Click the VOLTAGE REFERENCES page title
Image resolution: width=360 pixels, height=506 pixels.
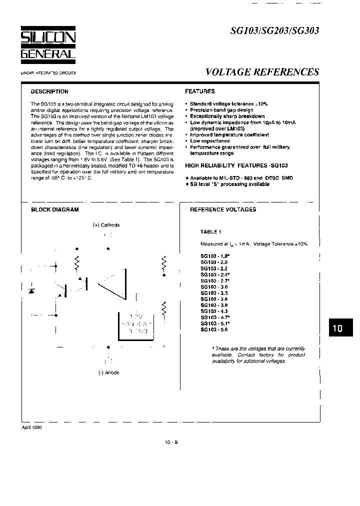pos(262,72)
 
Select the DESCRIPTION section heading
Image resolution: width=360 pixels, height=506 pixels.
pos(49,92)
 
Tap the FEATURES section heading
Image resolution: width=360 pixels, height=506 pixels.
pos(200,91)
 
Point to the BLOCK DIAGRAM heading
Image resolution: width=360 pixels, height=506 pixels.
pos(55,210)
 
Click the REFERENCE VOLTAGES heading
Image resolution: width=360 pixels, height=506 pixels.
pos(223,210)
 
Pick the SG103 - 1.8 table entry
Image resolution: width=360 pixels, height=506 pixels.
pos(214,256)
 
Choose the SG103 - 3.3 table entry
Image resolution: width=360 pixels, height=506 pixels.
pos(214,293)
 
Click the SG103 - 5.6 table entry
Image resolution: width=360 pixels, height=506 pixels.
pos(214,329)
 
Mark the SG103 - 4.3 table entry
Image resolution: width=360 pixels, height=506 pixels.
pos(214,311)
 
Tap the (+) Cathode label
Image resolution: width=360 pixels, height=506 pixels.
pos(106,225)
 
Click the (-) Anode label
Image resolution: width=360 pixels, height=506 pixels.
pos(108,372)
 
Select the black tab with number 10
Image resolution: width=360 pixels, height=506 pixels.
pos(337,328)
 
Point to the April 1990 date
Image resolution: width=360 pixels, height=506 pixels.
pos(32,428)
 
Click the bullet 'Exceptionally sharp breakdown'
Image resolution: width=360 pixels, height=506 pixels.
pos(227,116)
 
